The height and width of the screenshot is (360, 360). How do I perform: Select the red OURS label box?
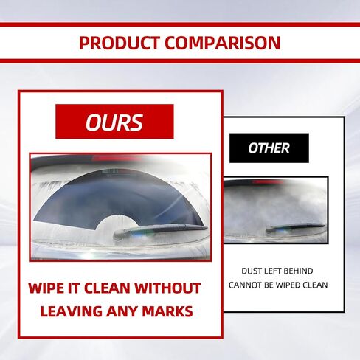coord(114,122)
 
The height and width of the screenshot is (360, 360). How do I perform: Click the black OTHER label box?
coord(269,148)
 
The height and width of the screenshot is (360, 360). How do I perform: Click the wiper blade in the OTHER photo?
coord(295,227)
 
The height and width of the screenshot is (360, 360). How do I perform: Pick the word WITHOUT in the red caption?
coord(169,288)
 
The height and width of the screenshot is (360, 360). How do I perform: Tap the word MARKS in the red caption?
coord(167,311)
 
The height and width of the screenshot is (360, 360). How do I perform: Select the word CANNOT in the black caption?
coord(244,285)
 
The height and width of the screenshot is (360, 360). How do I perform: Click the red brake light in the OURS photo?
coord(114,159)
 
